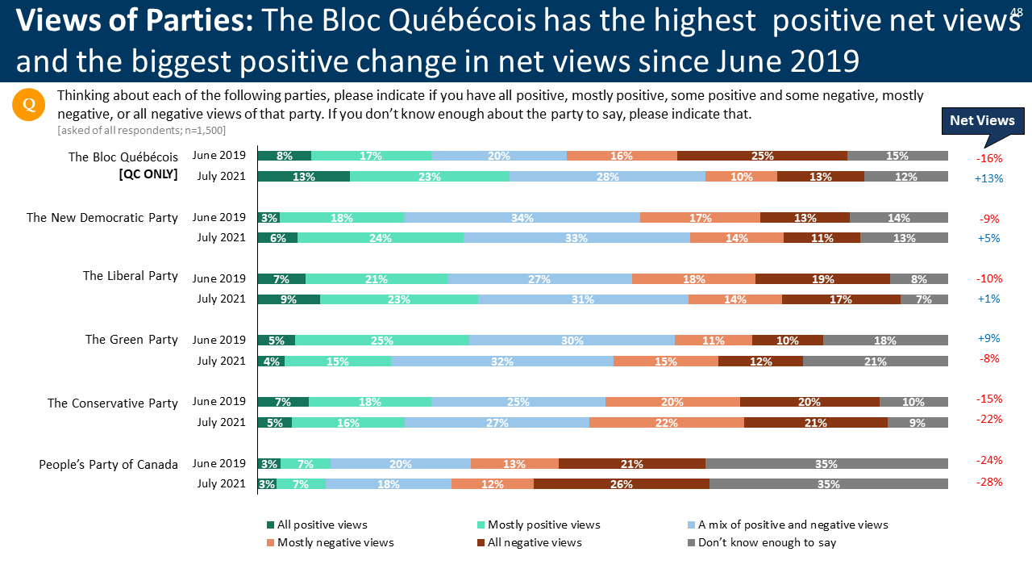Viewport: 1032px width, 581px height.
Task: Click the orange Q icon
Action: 28,105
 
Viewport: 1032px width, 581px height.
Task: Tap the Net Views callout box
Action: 982,120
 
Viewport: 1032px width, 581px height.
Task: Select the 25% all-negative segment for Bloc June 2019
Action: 762,156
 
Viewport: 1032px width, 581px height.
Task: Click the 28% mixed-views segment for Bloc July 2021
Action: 607,177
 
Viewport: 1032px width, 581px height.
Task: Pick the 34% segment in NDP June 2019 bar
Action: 522,217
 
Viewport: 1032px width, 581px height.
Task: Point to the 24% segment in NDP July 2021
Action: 381,238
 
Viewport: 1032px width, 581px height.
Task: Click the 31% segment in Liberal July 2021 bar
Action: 583,299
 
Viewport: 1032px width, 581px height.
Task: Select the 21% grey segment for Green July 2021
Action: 875,361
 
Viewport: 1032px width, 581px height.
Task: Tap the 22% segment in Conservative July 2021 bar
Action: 666,422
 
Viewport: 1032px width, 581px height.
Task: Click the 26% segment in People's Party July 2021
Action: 621,483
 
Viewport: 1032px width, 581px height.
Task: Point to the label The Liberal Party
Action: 130,276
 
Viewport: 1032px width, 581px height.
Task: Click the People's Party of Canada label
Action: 108,465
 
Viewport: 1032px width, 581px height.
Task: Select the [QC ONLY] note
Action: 148,173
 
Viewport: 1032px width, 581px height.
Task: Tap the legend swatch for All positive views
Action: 271,525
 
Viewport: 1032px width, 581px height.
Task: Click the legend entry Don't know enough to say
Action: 767,542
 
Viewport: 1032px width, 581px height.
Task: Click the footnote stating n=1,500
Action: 141,130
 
